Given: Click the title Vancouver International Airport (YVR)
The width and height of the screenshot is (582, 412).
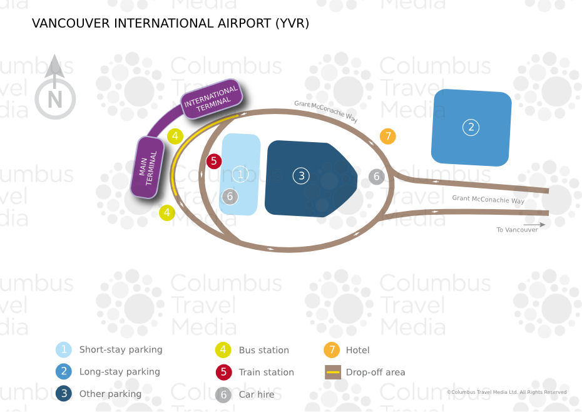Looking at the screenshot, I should point(170,24).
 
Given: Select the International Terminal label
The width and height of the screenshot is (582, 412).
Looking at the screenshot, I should point(212,100).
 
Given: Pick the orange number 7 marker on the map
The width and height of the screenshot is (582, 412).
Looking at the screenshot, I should point(388,136).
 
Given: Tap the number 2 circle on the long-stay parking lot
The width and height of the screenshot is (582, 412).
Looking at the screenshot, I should point(470,128).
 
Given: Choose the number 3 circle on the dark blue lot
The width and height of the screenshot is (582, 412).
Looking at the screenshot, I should point(301,176).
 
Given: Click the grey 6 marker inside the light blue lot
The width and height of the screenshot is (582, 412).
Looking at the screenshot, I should point(230,197).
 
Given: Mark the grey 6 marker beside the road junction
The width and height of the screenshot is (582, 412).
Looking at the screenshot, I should point(376,177).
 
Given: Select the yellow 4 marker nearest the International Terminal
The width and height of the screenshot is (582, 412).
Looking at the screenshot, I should point(175,136).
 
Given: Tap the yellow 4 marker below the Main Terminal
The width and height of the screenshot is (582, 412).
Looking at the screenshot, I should point(166,213).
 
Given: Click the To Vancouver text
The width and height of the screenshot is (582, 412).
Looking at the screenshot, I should point(518,230).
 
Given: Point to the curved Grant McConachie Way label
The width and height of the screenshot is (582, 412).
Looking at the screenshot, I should point(326,112).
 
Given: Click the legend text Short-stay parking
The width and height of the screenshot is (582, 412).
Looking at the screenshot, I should point(120,350).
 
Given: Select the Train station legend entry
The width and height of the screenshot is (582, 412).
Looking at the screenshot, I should point(266,372).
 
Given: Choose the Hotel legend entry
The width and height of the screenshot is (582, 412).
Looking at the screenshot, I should point(357,350).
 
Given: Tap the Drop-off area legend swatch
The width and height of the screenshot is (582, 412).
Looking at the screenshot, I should point(334,372).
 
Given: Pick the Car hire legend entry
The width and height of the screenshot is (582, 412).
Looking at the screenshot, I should point(256,394).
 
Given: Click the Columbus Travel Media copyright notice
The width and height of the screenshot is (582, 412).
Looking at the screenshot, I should point(507,392).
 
